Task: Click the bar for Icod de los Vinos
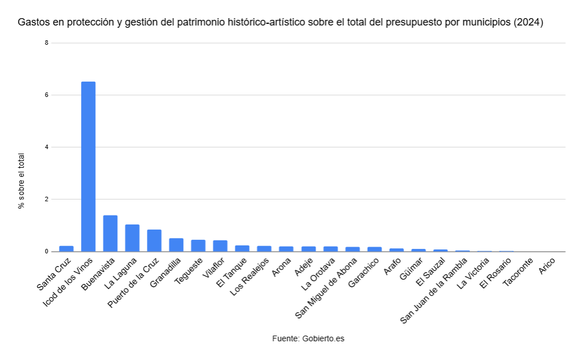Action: (x=89, y=167)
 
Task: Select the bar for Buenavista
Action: (x=110, y=234)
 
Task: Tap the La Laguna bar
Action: (x=132, y=238)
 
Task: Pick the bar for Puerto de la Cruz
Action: (x=154, y=240)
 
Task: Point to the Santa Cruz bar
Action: (x=66, y=248)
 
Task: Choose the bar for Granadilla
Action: (x=176, y=245)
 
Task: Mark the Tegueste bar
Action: (x=198, y=245)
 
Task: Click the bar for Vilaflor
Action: (x=220, y=246)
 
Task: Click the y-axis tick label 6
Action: (x=47, y=95)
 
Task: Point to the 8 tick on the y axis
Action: (x=47, y=43)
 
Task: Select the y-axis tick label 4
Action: (x=47, y=147)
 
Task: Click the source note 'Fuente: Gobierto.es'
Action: (x=308, y=338)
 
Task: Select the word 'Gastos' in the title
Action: (x=33, y=23)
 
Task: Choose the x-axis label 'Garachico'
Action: (x=365, y=273)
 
